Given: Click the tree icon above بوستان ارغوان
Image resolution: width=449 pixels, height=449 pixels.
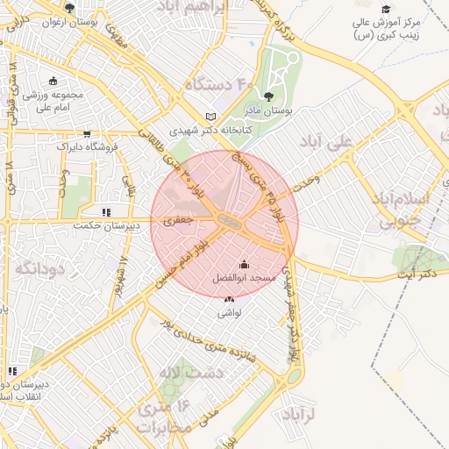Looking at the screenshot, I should pos(69,9).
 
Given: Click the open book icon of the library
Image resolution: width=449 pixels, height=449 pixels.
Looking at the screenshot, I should pos(209,117).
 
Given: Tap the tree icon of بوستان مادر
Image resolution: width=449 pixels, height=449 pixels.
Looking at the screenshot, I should pos(268,97).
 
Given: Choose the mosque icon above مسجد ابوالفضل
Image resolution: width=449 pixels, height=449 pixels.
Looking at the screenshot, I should pos(244,265).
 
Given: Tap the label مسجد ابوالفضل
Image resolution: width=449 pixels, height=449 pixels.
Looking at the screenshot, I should pos(244,277).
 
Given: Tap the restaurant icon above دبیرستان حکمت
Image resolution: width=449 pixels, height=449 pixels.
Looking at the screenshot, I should pos(106,212).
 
